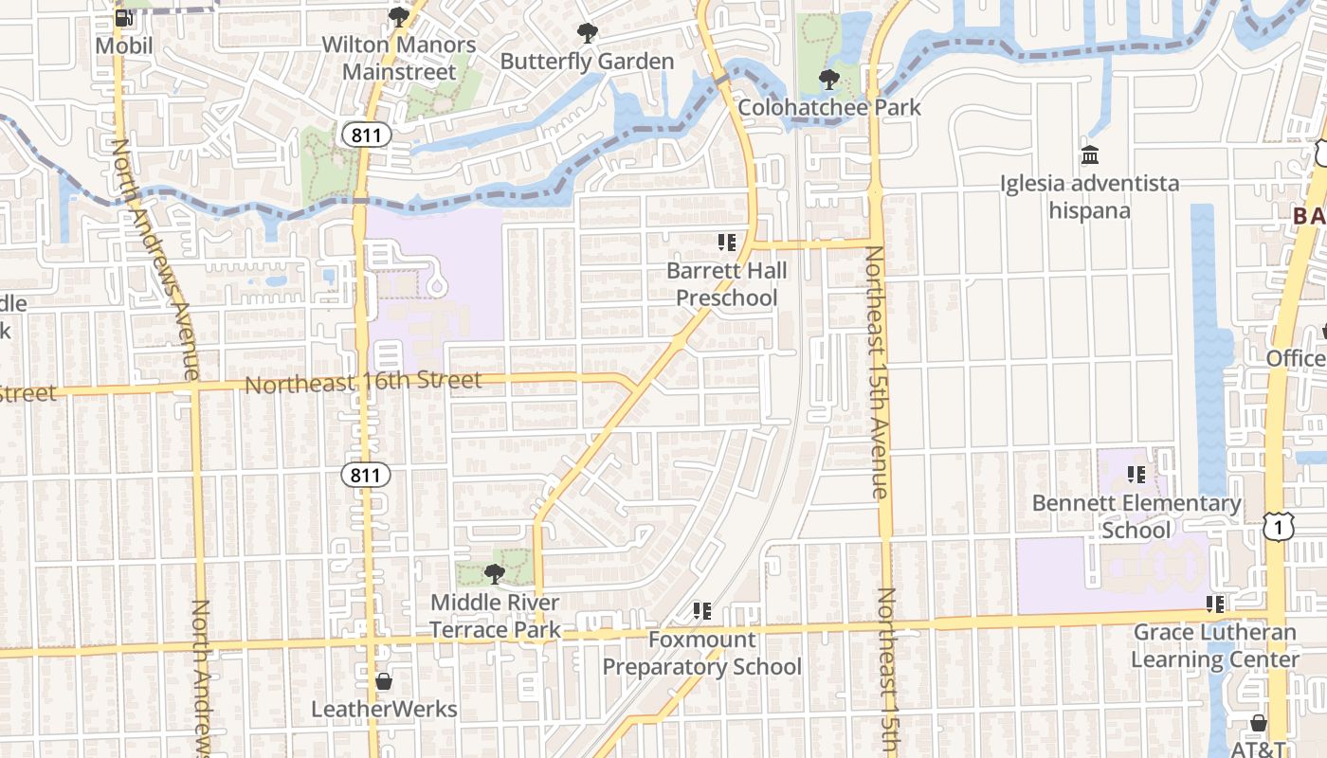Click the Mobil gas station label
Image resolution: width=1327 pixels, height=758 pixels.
click(x=124, y=45)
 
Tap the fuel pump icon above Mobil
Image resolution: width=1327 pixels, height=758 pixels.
click(x=124, y=17)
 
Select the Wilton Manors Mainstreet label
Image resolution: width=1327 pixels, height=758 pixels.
click(x=398, y=58)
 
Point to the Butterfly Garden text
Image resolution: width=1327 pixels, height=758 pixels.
click(x=587, y=62)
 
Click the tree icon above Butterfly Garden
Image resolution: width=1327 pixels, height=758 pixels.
click(x=588, y=34)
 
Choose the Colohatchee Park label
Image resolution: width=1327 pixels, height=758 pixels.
click(x=829, y=107)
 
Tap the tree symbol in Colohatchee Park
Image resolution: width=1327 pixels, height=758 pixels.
click(x=829, y=79)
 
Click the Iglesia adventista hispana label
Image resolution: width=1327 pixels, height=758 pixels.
click(x=1090, y=196)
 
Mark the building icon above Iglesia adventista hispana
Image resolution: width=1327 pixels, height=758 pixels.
click(x=1090, y=154)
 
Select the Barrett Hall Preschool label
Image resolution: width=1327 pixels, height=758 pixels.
click(x=727, y=284)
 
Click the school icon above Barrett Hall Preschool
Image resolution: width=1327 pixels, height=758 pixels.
click(x=727, y=243)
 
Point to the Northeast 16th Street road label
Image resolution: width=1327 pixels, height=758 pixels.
click(x=364, y=383)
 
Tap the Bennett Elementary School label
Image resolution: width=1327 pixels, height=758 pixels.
click(x=1136, y=516)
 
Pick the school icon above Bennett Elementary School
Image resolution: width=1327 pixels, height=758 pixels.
click(x=1136, y=474)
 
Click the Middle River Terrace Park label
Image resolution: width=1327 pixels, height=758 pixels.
click(x=495, y=616)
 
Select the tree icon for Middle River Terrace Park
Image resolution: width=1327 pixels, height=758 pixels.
click(x=494, y=573)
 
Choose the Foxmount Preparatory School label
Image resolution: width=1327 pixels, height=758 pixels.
click(x=702, y=653)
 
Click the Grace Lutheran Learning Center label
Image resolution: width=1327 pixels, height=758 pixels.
click(x=1215, y=645)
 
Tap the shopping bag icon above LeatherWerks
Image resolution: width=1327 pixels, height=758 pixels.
click(x=384, y=681)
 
